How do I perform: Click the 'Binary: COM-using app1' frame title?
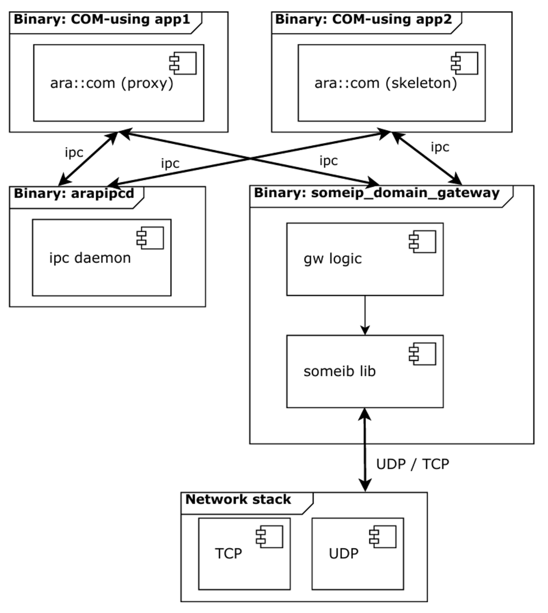coord(102,20)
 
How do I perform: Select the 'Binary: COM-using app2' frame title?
coord(363,20)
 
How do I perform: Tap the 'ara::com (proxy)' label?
coord(112,83)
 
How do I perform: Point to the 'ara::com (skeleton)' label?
coord(386,83)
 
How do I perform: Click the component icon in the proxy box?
coord(183,63)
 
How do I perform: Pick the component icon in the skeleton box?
coord(465,63)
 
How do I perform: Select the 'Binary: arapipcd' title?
coord(74,194)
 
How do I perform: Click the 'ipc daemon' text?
coord(90,258)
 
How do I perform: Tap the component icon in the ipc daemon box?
coord(150,238)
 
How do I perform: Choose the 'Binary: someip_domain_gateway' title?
coord(377,193)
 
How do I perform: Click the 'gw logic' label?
coord(332,259)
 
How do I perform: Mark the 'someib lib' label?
coord(340,371)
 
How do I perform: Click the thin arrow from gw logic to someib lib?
coord(365,315)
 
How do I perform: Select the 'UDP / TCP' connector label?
coord(412,464)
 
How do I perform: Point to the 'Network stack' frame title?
coord(238,499)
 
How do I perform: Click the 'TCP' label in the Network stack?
coord(228,554)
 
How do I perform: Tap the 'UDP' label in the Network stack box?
coord(344,554)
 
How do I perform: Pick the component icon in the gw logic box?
coord(423,242)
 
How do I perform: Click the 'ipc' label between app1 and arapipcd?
coord(74,153)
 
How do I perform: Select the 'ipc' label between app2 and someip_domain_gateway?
coord(440,147)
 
